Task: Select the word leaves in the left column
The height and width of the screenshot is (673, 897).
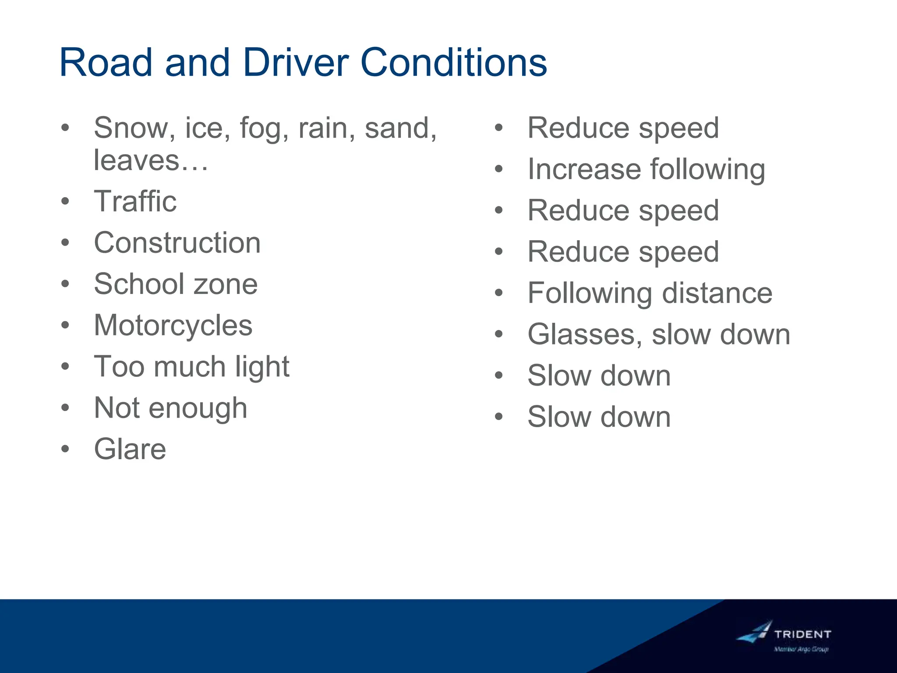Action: pos(137,160)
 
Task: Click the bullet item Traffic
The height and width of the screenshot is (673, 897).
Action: pos(135,202)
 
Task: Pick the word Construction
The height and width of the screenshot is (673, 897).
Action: pos(177,243)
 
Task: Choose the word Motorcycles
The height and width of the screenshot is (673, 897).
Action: pos(173,325)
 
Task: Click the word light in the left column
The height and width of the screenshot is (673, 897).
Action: pos(262,367)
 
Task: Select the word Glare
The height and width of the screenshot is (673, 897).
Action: pos(130,449)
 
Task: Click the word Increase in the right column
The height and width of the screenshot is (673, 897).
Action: pos(583,169)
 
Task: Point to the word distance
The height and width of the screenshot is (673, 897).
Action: pos(717,293)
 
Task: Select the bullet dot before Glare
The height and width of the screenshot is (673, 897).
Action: pos(65,449)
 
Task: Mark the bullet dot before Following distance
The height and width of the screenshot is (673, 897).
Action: pos(499,293)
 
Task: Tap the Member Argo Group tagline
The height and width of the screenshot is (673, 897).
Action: pos(801,649)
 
